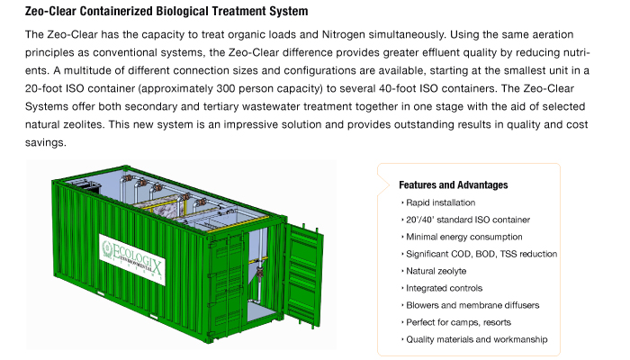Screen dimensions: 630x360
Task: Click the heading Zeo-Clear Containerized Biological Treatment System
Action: tap(166, 11)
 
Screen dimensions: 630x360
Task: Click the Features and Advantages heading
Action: tap(454, 184)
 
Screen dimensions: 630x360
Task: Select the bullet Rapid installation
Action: tap(440, 202)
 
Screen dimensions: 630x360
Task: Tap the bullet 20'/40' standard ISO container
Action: tap(468, 220)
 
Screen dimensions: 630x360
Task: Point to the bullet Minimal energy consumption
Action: tap(464, 237)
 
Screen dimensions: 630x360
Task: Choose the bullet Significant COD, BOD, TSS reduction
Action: tap(481, 254)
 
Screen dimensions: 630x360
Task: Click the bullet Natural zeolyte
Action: tap(436, 271)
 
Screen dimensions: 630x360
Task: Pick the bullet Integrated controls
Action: tap(444, 288)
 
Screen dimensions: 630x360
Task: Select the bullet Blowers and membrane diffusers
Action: tap(472, 305)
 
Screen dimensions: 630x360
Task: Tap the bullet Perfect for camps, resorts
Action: tap(458, 322)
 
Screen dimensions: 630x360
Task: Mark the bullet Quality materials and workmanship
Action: tap(476, 339)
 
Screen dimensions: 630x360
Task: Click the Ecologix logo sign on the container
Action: tap(132, 259)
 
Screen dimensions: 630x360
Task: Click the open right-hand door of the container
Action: tap(303, 274)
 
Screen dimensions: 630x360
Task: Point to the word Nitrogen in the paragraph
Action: tap(344, 34)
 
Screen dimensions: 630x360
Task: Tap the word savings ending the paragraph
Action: tap(44, 143)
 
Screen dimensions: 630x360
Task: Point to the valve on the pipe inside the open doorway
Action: tap(259, 273)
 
